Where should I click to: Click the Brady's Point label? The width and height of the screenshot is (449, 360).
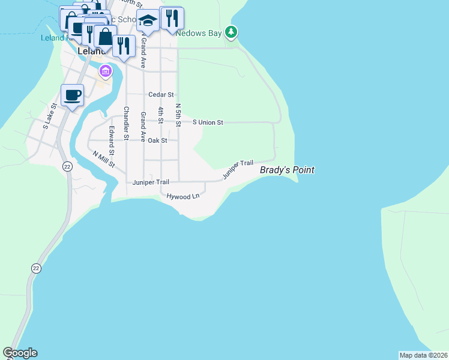(x=287, y=170)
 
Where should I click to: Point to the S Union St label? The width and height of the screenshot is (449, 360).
(x=208, y=122)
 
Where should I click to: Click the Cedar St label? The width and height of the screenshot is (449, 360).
(x=161, y=95)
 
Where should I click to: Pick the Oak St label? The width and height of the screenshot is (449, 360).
(x=157, y=140)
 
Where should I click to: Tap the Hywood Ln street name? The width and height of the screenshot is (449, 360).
(x=182, y=197)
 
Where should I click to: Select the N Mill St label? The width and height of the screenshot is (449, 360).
(x=103, y=160)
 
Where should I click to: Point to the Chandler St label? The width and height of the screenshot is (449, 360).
(x=126, y=123)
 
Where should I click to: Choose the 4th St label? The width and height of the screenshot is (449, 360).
(x=161, y=115)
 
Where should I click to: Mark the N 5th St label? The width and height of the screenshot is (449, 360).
(x=178, y=114)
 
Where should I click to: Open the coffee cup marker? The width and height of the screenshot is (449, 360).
(x=72, y=95)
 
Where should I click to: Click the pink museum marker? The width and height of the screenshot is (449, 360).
(x=106, y=72)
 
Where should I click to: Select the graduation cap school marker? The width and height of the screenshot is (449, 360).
(x=148, y=22)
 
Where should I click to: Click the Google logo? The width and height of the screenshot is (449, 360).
(x=20, y=353)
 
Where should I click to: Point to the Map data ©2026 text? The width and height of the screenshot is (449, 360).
(x=423, y=355)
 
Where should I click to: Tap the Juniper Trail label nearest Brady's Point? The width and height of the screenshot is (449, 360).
(x=238, y=170)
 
